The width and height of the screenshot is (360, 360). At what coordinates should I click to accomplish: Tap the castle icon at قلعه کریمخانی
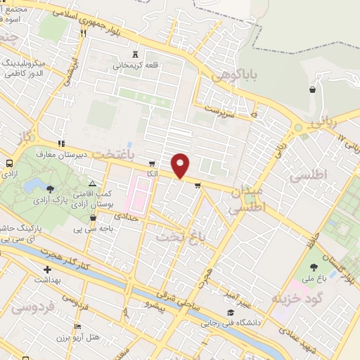tap(136, 55)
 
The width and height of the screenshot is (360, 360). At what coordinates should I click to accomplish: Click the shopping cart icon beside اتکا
tap(152, 162)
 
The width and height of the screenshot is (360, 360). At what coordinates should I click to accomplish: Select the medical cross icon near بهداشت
tap(47, 269)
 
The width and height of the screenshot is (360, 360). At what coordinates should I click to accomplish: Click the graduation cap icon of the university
tap(230, 313)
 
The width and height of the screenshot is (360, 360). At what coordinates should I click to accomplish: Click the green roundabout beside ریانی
tap(298, 128)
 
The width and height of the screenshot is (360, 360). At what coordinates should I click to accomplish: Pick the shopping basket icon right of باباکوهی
tap(311, 90)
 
